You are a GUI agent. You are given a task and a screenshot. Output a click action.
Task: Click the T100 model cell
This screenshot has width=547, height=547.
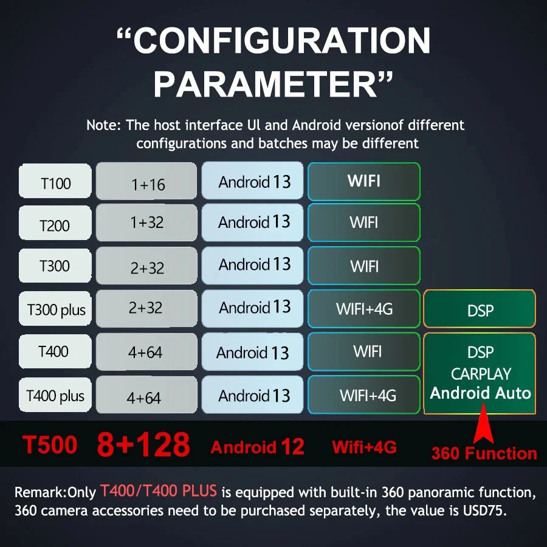pyautogui.click(x=55, y=181)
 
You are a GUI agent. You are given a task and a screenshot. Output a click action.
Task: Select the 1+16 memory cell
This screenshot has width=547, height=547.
pyautogui.click(x=146, y=181)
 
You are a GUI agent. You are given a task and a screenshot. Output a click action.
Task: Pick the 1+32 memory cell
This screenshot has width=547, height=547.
pyautogui.click(x=146, y=222)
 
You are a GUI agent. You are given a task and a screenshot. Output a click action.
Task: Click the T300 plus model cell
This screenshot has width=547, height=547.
pyautogui.click(x=55, y=308)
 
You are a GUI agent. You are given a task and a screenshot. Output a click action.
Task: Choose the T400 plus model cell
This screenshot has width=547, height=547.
pyautogui.click(x=55, y=394)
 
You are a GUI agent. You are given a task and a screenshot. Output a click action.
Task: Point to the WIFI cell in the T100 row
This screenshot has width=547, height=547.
pyautogui.click(x=364, y=181)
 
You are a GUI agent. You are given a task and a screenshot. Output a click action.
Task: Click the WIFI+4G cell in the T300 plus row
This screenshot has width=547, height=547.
pyautogui.click(x=364, y=309)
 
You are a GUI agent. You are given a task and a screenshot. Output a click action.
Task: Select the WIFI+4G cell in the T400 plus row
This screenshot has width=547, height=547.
pyautogui.click(x=364, y=394)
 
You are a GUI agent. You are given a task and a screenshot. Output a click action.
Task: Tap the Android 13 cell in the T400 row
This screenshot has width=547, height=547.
pyautogui.click(x=252, y=352)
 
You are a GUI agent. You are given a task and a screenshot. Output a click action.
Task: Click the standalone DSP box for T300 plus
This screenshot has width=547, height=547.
pyautogui.click(x=480, y=309)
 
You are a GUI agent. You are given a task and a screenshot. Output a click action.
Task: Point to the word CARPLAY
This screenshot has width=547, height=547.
pyautogui.click(x=481, y=374)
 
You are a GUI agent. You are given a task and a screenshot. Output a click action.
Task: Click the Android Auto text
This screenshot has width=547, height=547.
pyautogui.click(x=480, y=393)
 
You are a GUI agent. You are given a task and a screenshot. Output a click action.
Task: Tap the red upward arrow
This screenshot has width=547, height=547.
pyautogui.click(x=484, y=423)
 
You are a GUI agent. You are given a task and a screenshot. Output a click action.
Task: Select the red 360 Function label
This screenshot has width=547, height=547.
pyautogui.click(x=484, y=453)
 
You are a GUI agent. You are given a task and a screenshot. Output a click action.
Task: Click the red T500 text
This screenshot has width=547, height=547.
pyautogui.click(x=50, y=445)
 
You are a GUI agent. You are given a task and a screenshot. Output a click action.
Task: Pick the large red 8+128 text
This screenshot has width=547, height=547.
pyautogui.click(x=143, y=444)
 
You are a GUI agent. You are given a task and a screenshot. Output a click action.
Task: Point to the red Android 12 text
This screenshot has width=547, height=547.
pyautogui.click(x=257, y=447)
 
